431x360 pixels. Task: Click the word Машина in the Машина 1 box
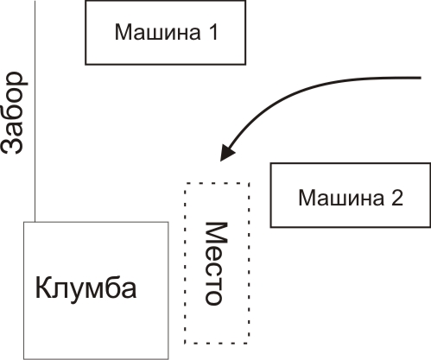[157, 32]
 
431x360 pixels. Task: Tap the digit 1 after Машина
[212, 32]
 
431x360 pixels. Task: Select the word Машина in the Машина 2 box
[341, 198]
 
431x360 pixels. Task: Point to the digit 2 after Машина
[397, 198]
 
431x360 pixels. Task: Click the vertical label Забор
[14, 113]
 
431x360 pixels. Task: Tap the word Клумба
[86, 287]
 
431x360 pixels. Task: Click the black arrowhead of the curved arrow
[227, 152]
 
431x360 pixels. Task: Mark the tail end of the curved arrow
[421, 78]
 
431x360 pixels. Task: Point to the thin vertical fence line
[35, 111]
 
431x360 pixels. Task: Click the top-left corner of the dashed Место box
[185, 183]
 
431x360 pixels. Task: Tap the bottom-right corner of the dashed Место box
[249, 343]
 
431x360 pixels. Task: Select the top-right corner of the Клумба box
[168, 222]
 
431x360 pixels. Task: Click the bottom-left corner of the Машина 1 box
[86, 64]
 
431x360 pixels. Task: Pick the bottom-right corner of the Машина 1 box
[245, 64]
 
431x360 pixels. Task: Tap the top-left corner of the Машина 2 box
[270, 163]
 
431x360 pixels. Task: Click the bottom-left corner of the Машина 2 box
[270, 227]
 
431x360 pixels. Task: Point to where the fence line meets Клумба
[35, 222]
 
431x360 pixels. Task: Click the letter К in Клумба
[42, 287]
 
